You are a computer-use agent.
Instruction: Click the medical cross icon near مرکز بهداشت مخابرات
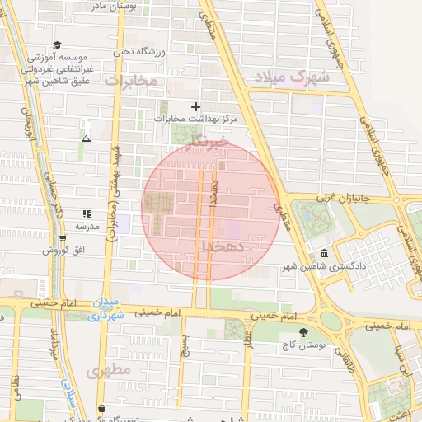click(195, 106)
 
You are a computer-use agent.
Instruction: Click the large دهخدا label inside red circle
click(221, 246)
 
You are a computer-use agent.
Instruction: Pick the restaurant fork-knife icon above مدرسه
click(87, 213)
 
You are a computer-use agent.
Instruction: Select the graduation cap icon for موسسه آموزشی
click(56, 45)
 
